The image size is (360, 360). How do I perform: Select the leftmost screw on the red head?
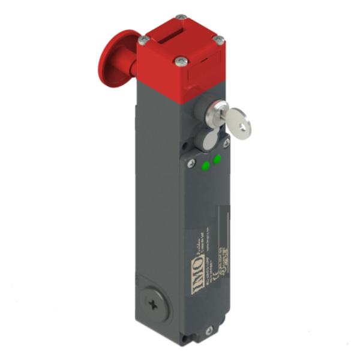[142, 40]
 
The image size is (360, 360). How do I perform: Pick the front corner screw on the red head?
[181, 61]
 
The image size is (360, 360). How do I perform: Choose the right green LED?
[217, 159]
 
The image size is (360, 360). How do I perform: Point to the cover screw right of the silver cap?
[226, 142]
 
